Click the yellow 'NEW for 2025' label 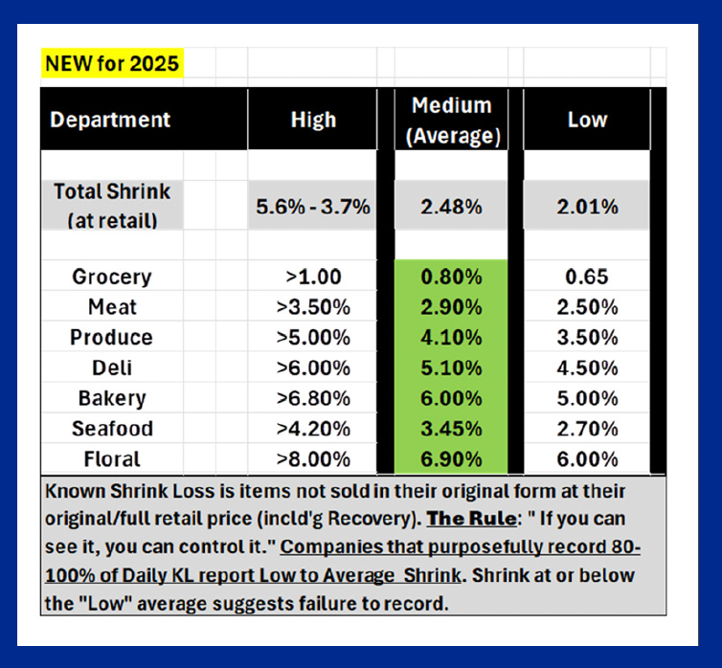tap(111, 65)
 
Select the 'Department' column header tap(110, 120)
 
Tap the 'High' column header tap(313, 120)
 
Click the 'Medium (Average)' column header tap(452, 120)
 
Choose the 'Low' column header tap(587, 120)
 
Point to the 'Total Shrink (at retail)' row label tap(111, 205)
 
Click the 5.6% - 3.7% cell tap(314, 206)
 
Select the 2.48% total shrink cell tap(452, 206)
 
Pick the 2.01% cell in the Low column tap(588, 206)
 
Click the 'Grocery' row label tap(111, 278)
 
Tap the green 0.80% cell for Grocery tap(452, 278)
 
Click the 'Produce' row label tap(111, 338)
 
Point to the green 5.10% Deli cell tap(452, 368)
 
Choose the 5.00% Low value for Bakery tap(588, 398)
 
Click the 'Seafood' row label tap(111, 429)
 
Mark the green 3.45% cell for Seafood tap(452, 429)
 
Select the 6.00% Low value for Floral tap(588, 459)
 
